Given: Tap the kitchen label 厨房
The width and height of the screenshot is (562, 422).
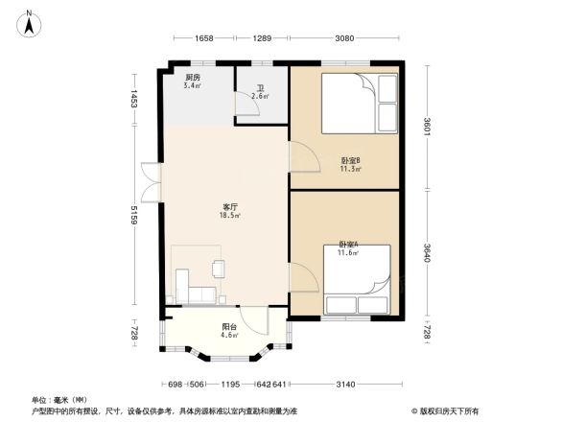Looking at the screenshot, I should click(x=192, y=78).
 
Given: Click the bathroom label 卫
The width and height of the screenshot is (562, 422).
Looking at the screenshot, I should click(x=260, y=88).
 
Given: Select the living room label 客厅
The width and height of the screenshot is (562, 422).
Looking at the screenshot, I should click(x=230, y=207).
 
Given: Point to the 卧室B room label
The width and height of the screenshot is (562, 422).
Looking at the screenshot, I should click(x=350, y=160).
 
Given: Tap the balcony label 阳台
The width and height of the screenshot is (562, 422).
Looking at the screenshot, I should click(x=228, y=326).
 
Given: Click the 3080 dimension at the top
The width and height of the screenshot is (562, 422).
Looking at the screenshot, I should click(x=345, y=38).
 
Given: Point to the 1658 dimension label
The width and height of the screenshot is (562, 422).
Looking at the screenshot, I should click(x=202, y=38).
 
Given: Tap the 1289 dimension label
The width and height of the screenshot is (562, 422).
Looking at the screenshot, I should click(x=262, y=38).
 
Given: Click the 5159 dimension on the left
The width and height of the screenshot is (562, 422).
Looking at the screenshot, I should click(x=136, y=215).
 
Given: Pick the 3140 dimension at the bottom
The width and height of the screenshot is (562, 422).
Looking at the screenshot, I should click(x=345, y=384).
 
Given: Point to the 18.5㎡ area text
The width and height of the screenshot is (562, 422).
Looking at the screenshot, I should click(x=230, y=216).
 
